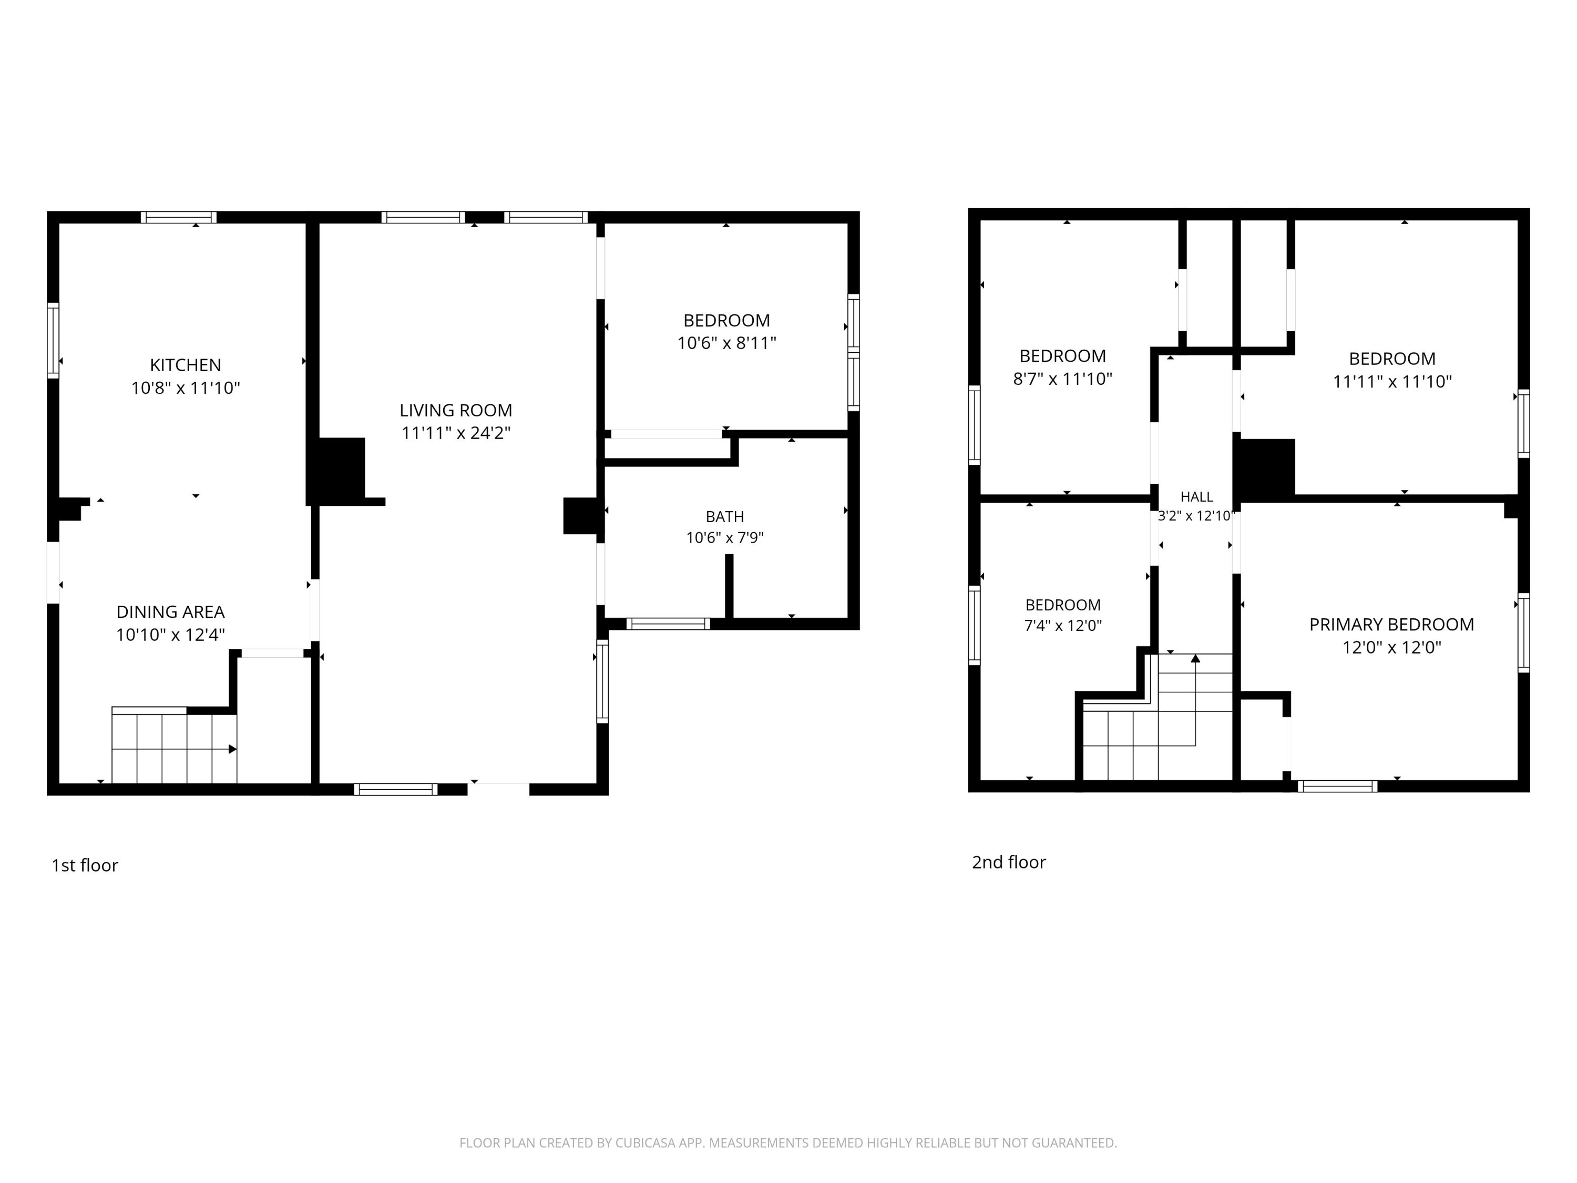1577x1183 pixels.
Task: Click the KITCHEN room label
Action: (186, 365)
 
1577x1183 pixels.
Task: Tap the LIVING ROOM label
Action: (456, 410)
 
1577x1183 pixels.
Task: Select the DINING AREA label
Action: (170, 612)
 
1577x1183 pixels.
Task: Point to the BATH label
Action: (725, 516)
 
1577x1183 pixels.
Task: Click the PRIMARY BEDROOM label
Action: (1391, 625)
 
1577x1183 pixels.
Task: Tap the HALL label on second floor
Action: (1196, 497)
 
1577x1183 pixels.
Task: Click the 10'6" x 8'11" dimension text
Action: (726, 343)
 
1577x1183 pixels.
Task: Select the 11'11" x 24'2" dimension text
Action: (456, 433)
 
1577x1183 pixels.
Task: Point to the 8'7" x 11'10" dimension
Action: (1062, 379)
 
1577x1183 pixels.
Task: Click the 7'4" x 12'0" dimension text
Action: (1063, 625)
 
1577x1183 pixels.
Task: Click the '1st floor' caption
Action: (85, 865)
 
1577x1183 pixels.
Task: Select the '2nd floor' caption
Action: (1009, 862)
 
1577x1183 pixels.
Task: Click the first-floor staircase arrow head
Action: (232, 749)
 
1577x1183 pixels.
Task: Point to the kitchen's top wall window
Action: (178, 218)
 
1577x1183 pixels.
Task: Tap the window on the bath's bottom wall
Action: (668, 624)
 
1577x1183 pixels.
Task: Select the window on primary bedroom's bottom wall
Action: (1337, 786)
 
